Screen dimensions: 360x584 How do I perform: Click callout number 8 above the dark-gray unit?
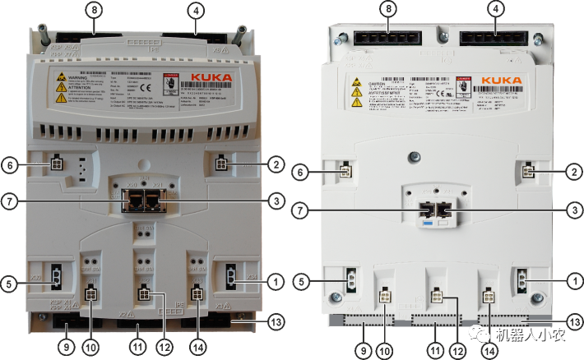coord(96,12)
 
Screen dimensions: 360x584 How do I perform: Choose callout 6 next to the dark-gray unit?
coord(11,164)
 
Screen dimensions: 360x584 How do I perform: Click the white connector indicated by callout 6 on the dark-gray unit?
coord(55,164)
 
